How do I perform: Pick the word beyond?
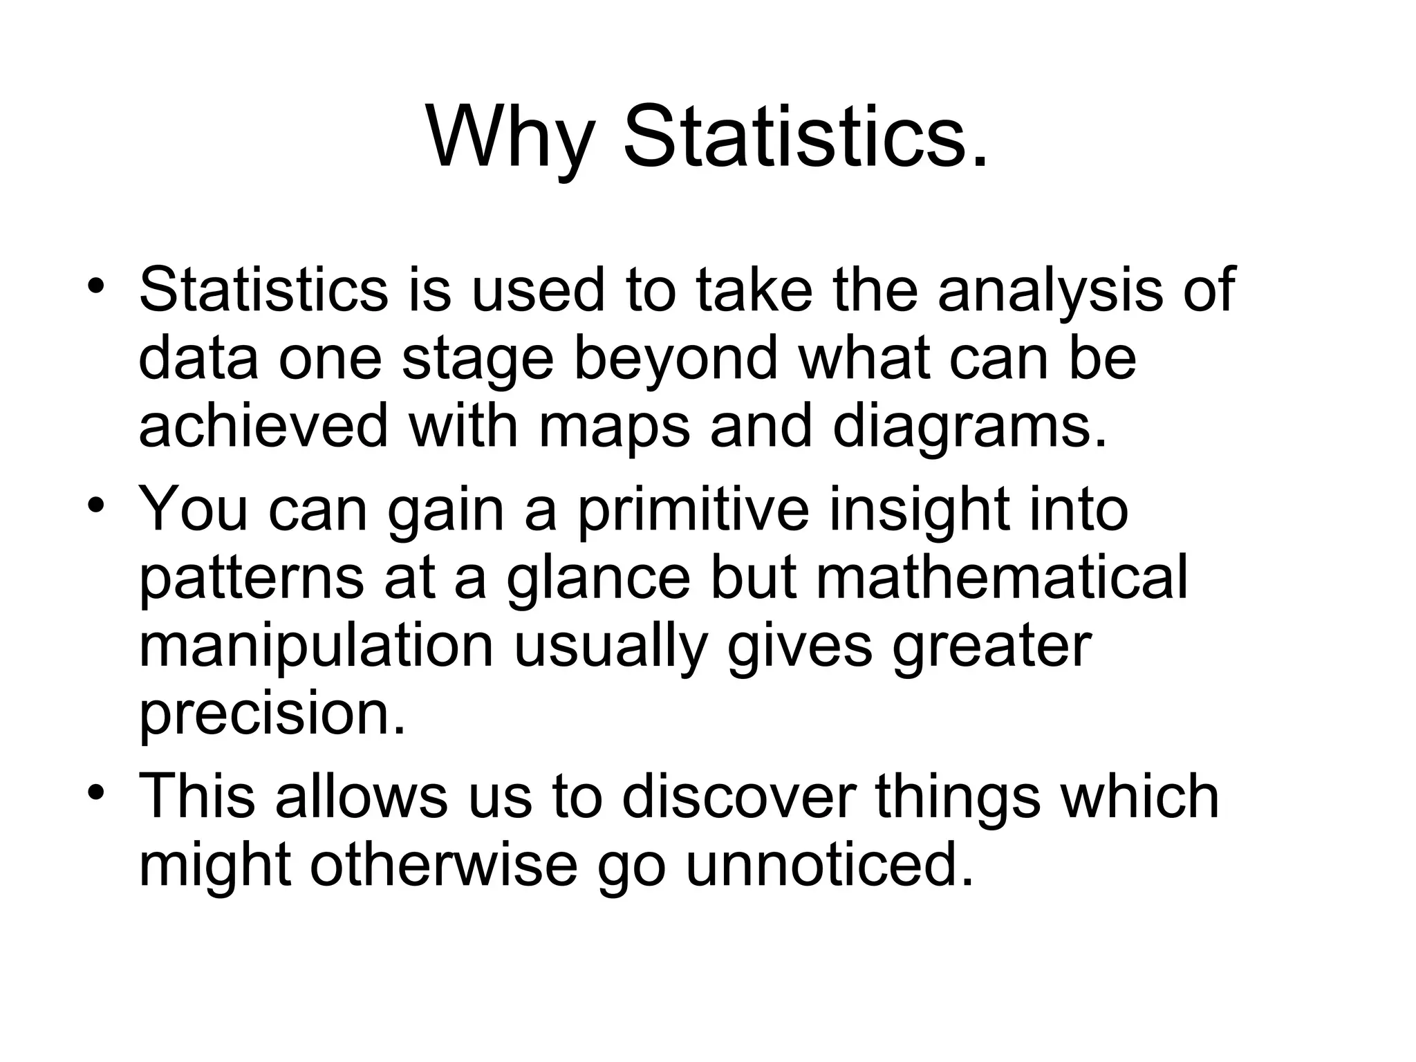pyautogui.click(x=676, y=360)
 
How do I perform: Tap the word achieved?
pyautogui.click(x=263, y=426)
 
